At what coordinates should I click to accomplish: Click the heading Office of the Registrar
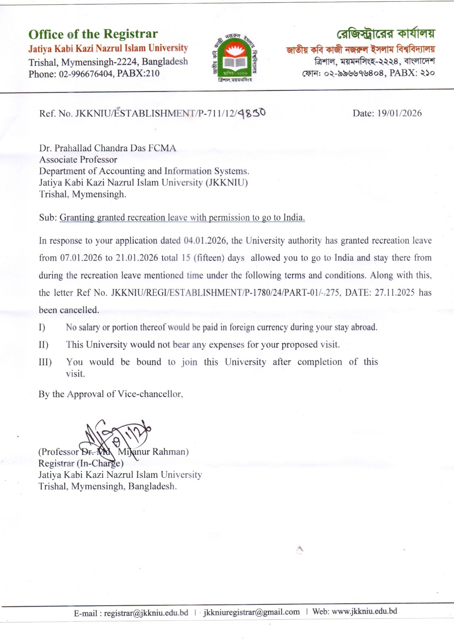[x=93, y=34]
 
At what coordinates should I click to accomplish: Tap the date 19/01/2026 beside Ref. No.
[x=399, y=113]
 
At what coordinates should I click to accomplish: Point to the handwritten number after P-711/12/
[x=252, y=113]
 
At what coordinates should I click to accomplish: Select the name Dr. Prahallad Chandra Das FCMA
[x=108, y=148]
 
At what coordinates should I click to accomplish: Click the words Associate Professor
[x=78, y=160]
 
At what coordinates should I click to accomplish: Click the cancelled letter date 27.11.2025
[x=394, y=293]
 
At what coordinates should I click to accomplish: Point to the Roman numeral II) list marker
[x=43, y=345]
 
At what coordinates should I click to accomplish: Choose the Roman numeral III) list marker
[x=45, y=362]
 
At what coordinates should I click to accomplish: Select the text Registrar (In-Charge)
[x=81, y=463]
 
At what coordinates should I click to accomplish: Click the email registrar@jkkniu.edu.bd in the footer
[x=146, y=613]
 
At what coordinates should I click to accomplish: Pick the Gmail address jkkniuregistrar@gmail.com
[x=252, y=612]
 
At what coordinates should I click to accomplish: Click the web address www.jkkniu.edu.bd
[x=364, y=611]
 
